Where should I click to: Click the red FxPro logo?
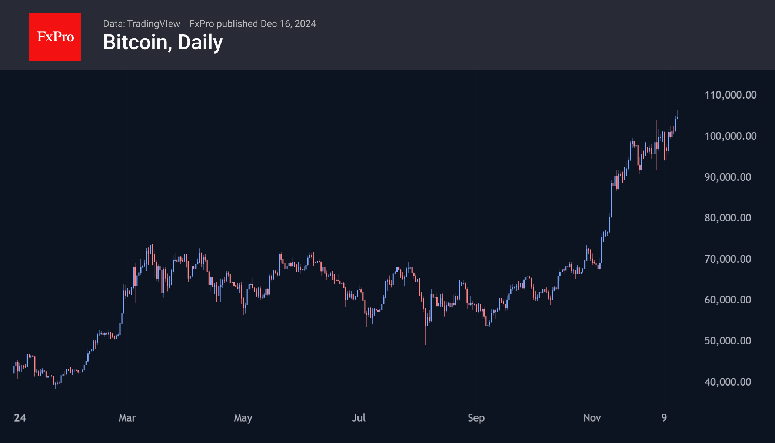pyautogui.click(x=55, y=37)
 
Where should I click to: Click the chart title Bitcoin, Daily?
pyautogui.click(x=163, y=42)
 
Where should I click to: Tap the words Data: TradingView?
pyautogui.click(x=142, y=24)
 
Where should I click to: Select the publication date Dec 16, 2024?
pyautogui.click(x=288, y=24)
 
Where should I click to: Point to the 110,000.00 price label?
pyautogui.click(x=730, y=95)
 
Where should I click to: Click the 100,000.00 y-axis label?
pyautogui.click(x=730, y=136)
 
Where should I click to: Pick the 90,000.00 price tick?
pyautogui.click(x=728, y=177)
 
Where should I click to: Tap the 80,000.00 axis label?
pyautogui.click(x=728, y=218)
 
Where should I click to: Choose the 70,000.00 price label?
pyautogui.click(x=728, y=259)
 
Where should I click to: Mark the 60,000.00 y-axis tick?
pyautogui.click(x=728, y=300)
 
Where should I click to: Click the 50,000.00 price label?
pyautogui.click(x=728, y=341)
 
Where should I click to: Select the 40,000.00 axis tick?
pyautogui.click(x=728, y=382)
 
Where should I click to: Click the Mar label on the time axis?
pyautogui.click(x=127, y=418)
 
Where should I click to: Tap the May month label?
pyautogui.click(x=243, y=418)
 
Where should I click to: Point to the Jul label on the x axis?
pyautogui.click(x=359, y=418)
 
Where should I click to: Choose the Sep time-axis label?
pyautogui.click(x=476, y=418)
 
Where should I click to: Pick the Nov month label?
pyautogui.click(x=592, y=418)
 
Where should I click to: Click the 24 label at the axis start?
pyautogui.click(x=20, y=418)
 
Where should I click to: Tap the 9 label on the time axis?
pyautogui.click(x=664, y=418)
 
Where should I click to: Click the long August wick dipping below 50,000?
pyautogui.click(x=426, y=335)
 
